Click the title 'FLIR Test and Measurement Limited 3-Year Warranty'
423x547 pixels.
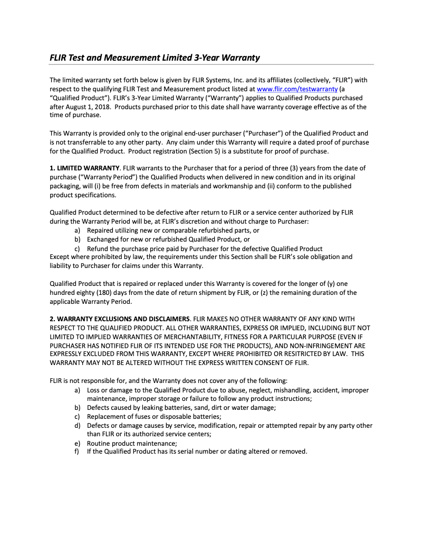coord(155,57)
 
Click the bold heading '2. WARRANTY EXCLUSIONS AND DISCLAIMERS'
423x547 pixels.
coord(120,319)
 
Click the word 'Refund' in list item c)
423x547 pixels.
coord(98,248)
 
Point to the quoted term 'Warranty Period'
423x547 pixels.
coord(105,177)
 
